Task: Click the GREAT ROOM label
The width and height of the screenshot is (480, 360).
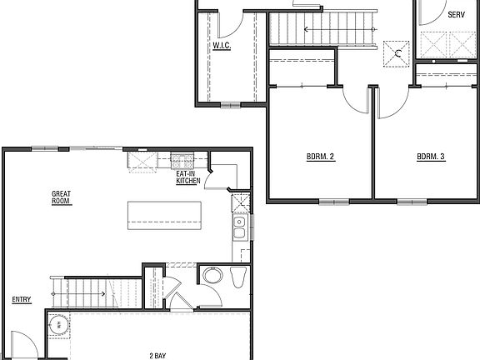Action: click(61, 197)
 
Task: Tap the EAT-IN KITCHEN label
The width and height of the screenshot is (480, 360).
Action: click(187, 177)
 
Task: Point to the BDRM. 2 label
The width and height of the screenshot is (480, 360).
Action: click(320, 156)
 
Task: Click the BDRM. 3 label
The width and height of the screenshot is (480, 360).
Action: click(431, 156)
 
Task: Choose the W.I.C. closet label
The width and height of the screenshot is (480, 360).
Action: click(221, 46)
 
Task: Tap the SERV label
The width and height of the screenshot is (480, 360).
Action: click(456, 15)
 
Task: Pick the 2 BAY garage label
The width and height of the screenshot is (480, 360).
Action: click(159, 356)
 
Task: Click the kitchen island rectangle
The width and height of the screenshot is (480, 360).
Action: click(164, 216)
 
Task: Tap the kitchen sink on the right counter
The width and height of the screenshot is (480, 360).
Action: click(239, 222)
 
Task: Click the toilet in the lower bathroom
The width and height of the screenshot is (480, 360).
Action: click(237, 277)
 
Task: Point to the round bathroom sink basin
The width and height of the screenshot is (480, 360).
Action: click(212, 276)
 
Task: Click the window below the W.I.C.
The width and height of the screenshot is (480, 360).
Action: click(228, 105)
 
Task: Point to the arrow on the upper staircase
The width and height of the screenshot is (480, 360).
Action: click(307, 29)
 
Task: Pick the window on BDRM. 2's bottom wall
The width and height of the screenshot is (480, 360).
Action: click(332, 201)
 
